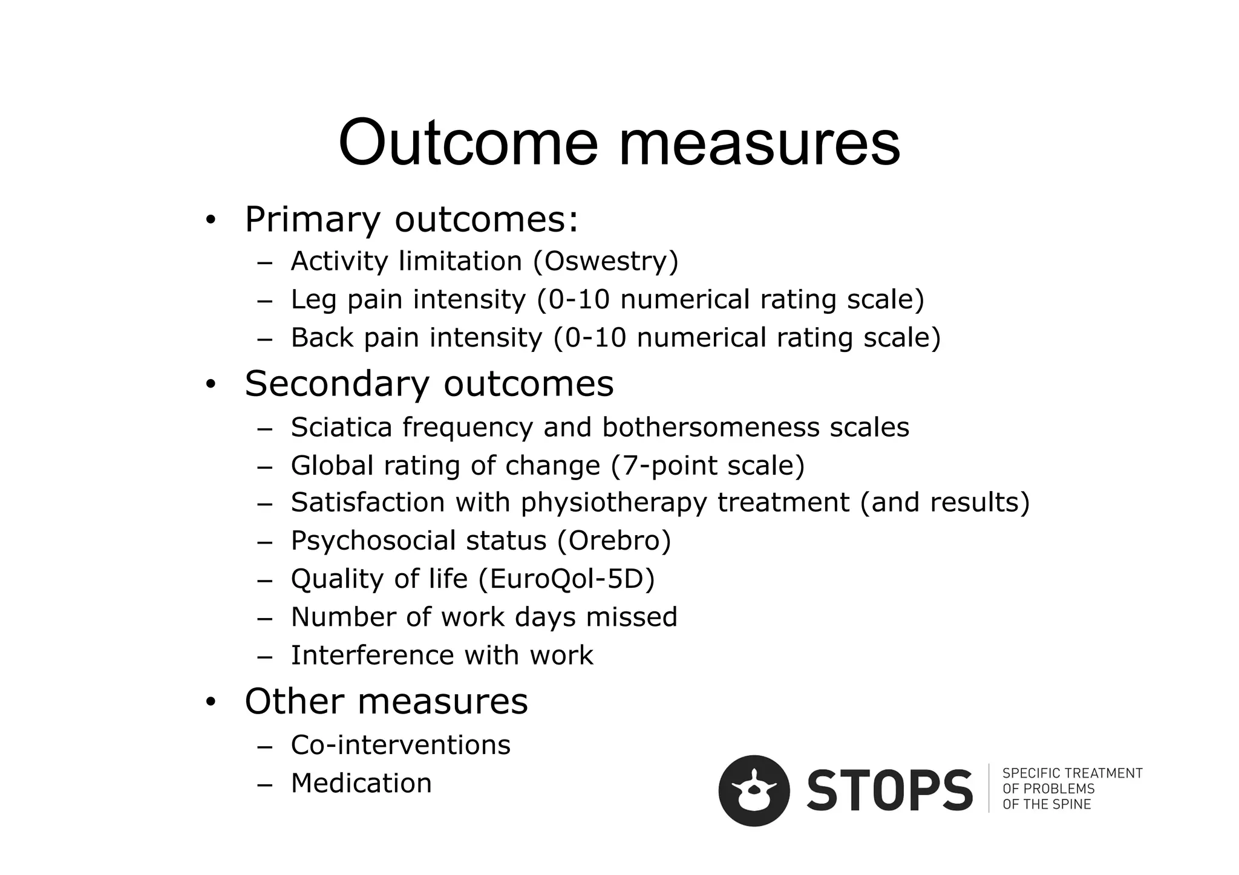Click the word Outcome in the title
pos(468,144)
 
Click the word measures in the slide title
pos(759,144)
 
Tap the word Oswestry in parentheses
pos(606,262)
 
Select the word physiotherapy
pos(613,503)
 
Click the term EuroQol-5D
pos(566,579)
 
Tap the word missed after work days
pos(632,617)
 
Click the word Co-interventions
pos(400,745)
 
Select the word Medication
pos(361,783)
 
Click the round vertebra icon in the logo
pos(754,790)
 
